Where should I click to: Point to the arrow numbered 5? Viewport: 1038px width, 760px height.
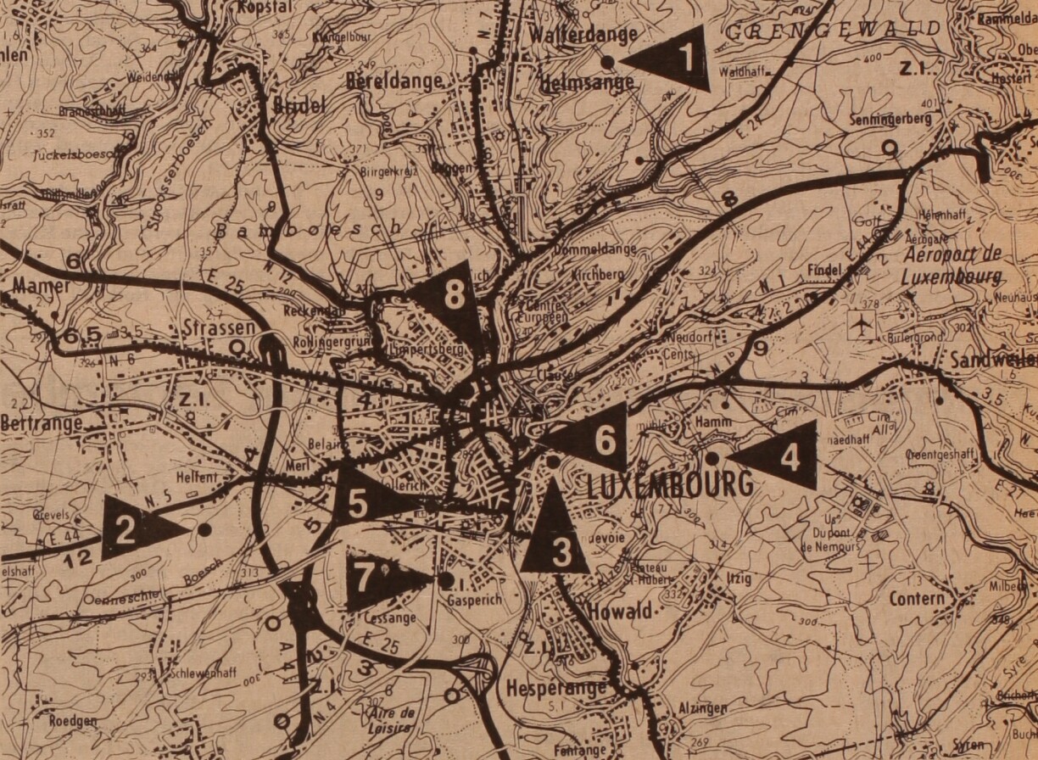click(365, 502)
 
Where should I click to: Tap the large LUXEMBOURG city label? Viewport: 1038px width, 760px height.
click(670, 485)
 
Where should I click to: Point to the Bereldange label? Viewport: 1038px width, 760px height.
click(394, 81)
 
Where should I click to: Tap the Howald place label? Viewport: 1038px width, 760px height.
click(619, 612)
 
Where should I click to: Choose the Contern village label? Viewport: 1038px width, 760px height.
click(918, 599)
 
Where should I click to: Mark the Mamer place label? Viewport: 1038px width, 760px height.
click(42, 286)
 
